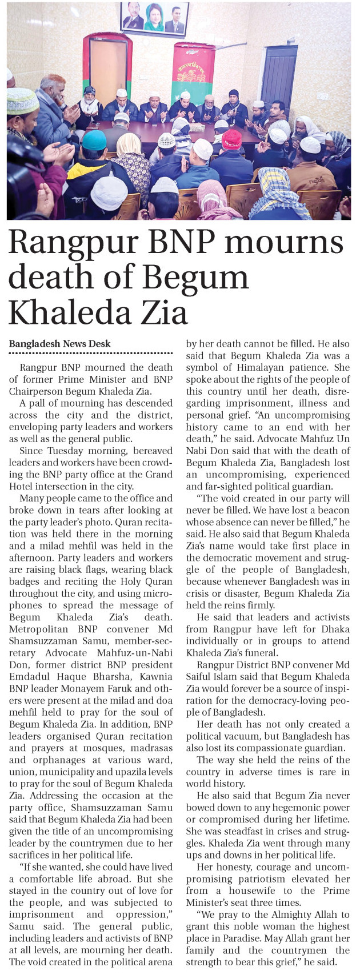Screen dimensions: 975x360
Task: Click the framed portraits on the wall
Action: tap(154, 18)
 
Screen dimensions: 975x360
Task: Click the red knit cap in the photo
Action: tap(231, 139)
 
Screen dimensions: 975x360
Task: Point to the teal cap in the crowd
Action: tap(94, 140)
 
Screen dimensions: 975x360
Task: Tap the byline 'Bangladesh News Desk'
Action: tap(60, 343)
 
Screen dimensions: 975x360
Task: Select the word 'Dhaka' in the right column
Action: tap(335, 629)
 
